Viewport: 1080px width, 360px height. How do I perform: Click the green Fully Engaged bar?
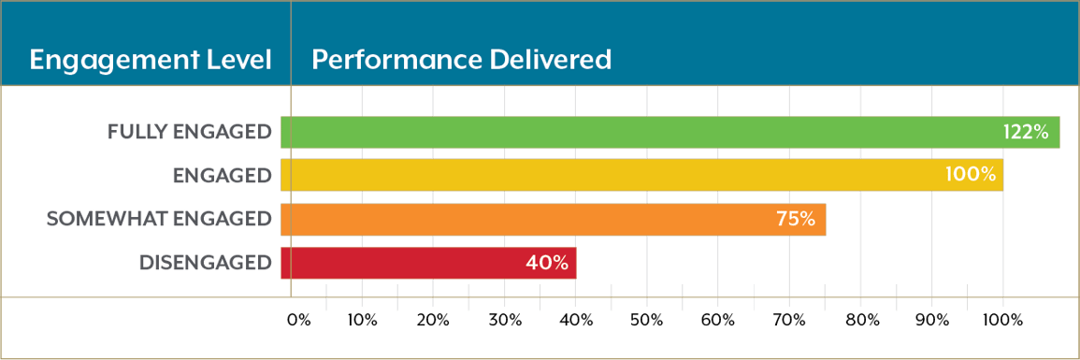(x=655, y=133)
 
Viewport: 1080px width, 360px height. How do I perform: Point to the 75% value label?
(x=796, y=220)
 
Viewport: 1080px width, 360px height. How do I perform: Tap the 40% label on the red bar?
(x=547, y=263)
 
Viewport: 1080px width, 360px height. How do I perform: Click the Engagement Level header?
(x=150, y=61)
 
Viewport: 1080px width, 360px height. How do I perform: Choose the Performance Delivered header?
(x=461, y=61)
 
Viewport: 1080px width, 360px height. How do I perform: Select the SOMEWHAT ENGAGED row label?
(x=159, y=220)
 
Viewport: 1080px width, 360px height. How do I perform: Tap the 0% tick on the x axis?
(x=298, y=321)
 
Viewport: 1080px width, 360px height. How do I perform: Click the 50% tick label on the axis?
(x=646, y=321)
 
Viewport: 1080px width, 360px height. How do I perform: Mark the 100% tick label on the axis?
(x=1002, y=321)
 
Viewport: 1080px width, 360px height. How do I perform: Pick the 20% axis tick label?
(x=433, y=321)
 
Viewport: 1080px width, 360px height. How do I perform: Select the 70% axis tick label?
(x=789, y=321)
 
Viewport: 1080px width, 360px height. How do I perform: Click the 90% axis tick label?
(x=932, y=321)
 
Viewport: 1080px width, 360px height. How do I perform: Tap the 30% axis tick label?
(x=505, y=321)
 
